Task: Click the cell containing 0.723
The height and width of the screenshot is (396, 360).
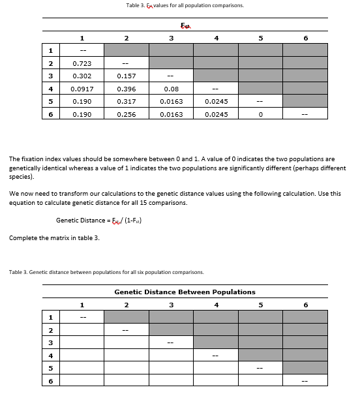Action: pos(82,63)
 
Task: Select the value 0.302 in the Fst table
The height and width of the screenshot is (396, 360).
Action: pos(82,76)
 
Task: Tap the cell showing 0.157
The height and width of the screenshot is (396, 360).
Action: pos(127,76)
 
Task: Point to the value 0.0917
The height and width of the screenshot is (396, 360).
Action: pos(82,89)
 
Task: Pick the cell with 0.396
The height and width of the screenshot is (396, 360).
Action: pos(127,89)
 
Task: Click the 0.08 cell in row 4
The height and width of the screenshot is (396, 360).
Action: pos(172,89)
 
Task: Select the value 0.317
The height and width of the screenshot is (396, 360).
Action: pos(127,101)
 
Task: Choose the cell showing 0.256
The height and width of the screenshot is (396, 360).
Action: pos(127,114)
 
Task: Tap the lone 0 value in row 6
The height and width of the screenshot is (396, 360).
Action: pos(260,114)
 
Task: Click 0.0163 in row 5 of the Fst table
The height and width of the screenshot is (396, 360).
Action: pos(172,101)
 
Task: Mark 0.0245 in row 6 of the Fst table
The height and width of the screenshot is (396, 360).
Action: pos(216,114)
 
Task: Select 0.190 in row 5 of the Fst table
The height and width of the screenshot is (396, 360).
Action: pos(82,101)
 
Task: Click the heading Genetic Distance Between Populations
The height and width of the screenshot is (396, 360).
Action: pos(185,292)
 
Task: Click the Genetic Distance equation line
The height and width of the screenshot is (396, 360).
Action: pos(99,220)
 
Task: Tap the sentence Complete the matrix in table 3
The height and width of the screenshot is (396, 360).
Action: pos(54,237)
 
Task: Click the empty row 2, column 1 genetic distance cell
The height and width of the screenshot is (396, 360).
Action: pos(82,330)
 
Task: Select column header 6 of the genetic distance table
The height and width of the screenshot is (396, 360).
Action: pos(305,304)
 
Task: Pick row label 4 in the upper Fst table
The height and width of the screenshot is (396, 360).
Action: pos(50,89)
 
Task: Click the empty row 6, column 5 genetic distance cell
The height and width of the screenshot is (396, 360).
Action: pos(260,381)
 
